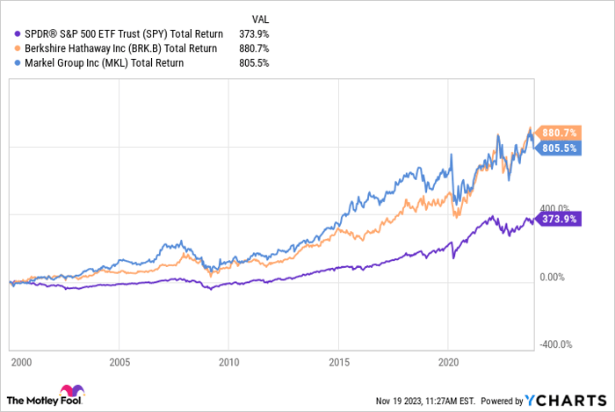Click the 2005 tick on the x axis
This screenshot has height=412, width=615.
click(x=119, y=362)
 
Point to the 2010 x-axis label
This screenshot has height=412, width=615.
click(x=228, y=362)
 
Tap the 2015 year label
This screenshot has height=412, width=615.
click(x=338, y=362)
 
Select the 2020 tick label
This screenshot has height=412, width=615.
click(x=448, y=362)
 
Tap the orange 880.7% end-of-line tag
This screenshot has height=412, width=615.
click(x=558, y=133)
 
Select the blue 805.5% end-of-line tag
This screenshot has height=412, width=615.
click(x=558, y=148)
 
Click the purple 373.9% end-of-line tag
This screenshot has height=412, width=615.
click(x=558, y=220)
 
